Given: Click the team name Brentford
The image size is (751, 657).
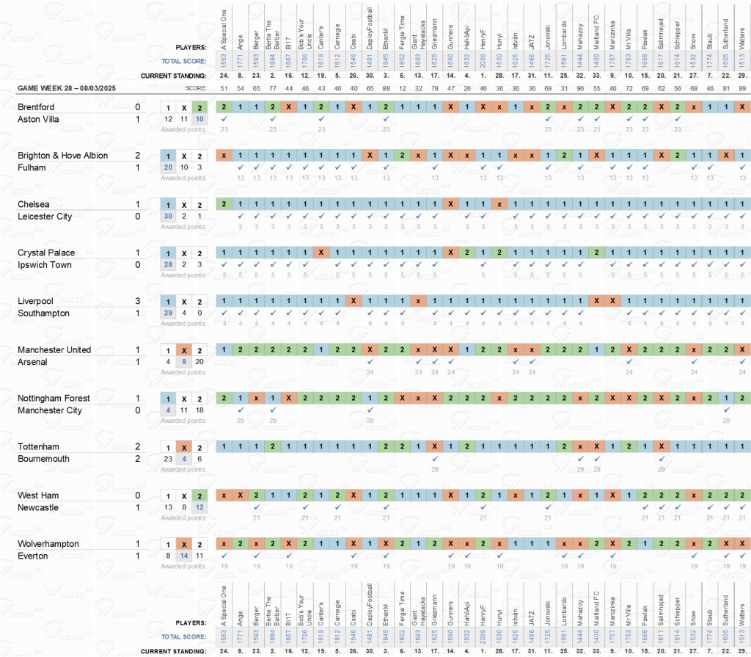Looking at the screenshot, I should click(x=37, y=106).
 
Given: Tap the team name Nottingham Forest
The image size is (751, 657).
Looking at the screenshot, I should click(x=54, y=398).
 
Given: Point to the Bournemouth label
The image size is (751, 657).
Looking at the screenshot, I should click(x=42, y=459).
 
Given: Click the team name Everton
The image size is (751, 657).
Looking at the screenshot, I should click(x=33, y=556).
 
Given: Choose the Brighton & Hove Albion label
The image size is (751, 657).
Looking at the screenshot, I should click(x=62, y=155).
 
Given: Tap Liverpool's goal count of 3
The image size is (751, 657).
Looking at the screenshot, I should click(x=137, y=301).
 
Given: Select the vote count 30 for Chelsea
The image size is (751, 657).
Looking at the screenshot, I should click(x=168, y=216).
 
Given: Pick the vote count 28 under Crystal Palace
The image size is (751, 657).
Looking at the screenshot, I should click(x=168, y=264).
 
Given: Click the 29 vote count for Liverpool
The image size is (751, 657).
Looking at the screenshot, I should click(x=168, y=313).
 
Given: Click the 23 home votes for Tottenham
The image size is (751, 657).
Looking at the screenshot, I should click(x=168, y=459).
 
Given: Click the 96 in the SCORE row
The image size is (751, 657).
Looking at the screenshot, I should click(x=580, y=88).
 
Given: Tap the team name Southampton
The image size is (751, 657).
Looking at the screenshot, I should click(x=43, y=313).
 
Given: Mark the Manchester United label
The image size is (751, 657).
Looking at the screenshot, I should click(x=54, y=349).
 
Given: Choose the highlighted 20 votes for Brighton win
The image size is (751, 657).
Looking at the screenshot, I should click(x=168, y=167).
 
